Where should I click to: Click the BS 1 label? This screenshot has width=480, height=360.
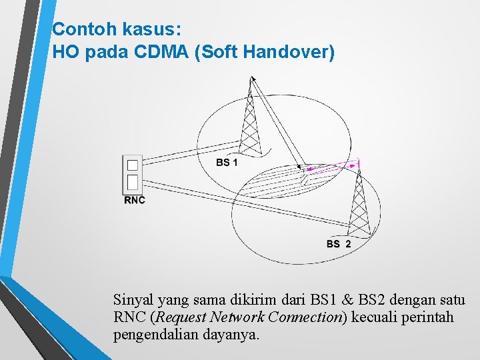coord(227,163)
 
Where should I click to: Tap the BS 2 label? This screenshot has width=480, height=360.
coord(339,244)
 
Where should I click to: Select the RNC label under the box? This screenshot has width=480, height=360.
coord(134,199)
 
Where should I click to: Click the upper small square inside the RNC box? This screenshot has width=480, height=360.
coord(133,164)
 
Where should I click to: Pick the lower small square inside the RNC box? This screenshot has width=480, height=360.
coord(133,182)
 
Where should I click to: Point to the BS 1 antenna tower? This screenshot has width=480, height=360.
coord(249,120)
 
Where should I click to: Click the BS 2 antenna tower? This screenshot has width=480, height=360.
coord(359,200)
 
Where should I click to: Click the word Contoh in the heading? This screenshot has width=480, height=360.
coord(77,29)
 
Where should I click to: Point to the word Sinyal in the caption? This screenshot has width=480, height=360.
coord(132,299)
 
